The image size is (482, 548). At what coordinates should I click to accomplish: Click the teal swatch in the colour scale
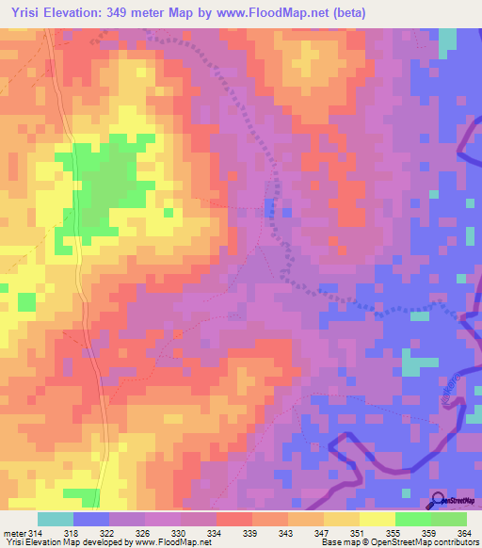coord(56,519)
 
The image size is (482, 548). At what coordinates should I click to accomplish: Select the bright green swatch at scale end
coord(449,519)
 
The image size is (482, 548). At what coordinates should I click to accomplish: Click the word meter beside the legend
coord(14,533)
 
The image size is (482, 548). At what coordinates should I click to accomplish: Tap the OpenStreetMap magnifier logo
coord(438,502)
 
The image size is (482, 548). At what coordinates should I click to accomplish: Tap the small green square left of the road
coord(25,302)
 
